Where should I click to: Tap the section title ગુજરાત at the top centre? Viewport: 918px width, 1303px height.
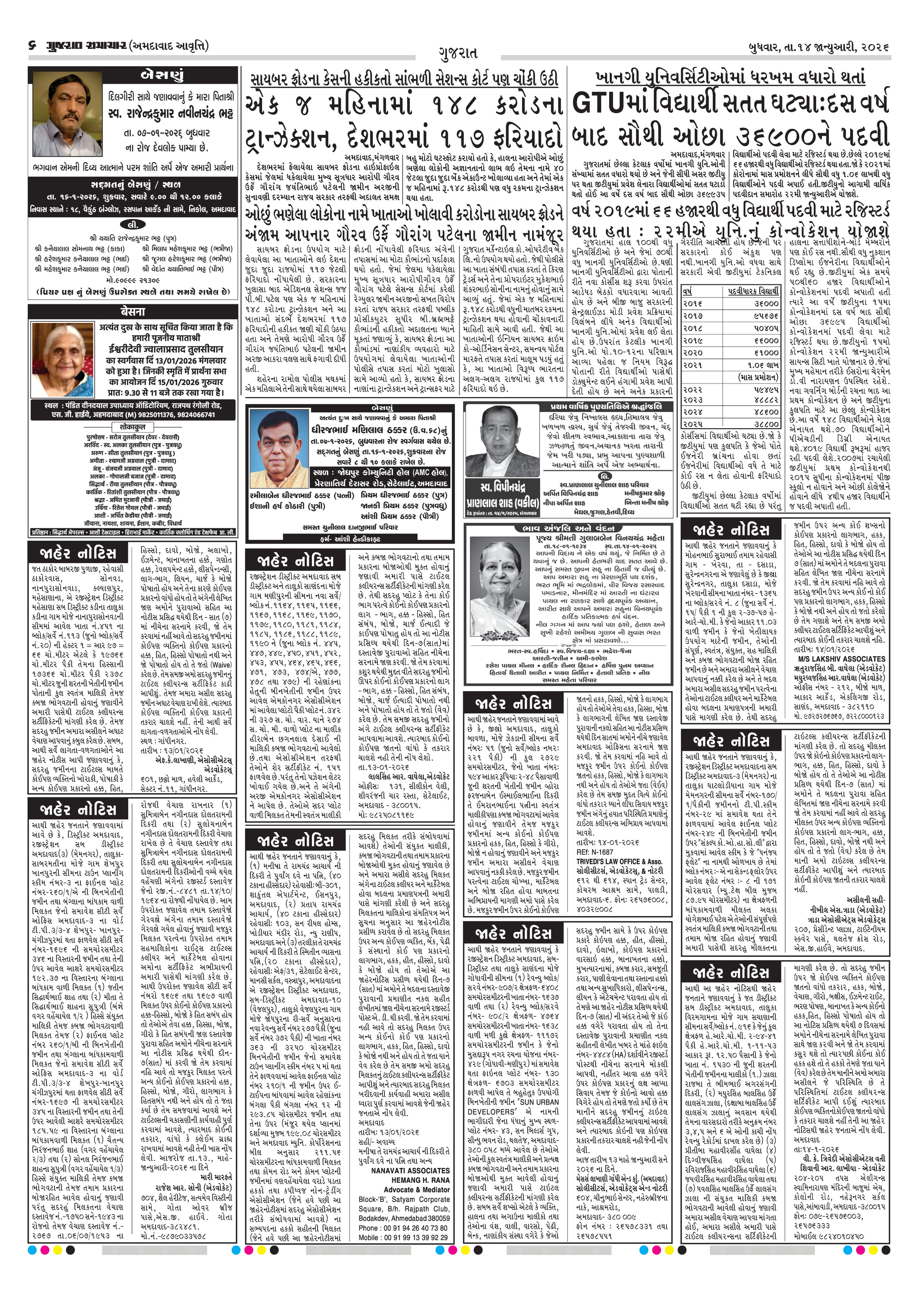[x=458, y=53]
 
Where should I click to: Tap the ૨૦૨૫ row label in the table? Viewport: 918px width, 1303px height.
[x=693, y=423]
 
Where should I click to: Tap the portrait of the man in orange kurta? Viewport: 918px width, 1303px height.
[x=278, y=451]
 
